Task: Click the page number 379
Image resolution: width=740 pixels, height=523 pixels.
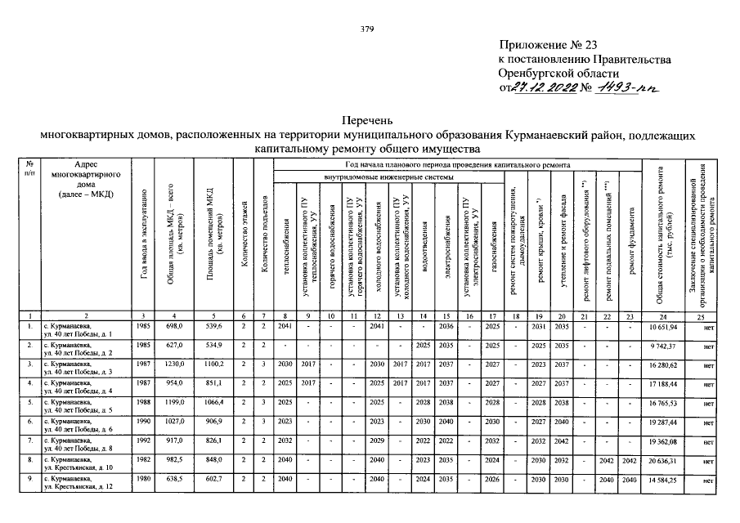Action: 367,30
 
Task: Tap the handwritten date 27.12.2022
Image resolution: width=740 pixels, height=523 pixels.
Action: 542,87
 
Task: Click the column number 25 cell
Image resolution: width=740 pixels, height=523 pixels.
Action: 702,315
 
